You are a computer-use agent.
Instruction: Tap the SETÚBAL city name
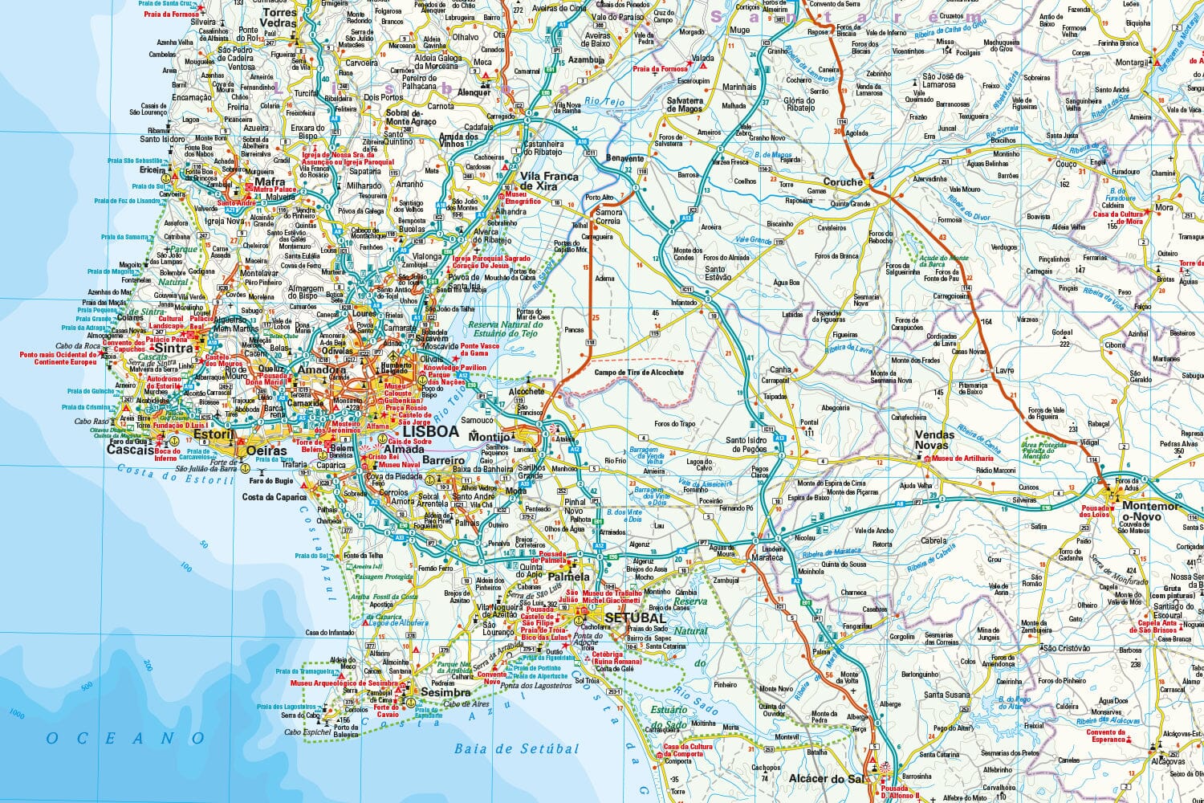pos(635,618)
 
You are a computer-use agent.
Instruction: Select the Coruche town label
pos(842,182)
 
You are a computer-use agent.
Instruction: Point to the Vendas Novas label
pos(935,440)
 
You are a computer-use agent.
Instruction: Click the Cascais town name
pos(131,450)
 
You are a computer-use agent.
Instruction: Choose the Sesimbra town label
pos(445,692)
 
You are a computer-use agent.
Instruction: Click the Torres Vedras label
pos(279,18)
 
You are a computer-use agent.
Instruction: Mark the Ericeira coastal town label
pos(153,170)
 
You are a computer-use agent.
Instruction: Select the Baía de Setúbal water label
pos(516,749)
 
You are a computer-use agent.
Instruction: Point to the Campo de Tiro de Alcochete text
pos(639,373)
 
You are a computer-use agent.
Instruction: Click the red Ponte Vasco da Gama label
pos(479,349)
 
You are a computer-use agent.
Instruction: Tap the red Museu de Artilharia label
pos(962,459)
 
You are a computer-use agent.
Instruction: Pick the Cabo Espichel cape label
pos(307,732)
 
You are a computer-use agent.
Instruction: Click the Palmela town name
pos(568,577)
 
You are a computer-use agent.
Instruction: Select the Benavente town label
pos(624,159)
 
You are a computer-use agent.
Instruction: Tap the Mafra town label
pos(270,182)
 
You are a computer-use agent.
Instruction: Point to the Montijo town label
pos(490,437)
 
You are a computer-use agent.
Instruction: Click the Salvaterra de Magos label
pos(685,105)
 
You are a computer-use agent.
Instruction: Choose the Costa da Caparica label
pos(275,497)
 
